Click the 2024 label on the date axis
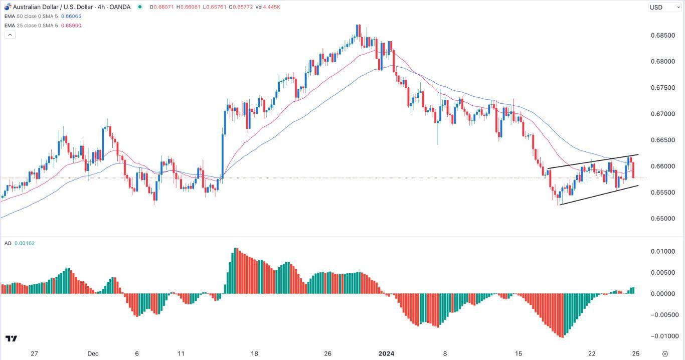386,353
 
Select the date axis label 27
34,353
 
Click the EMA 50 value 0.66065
71,17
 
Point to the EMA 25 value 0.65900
71,26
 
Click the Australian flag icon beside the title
7,7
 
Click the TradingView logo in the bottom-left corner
11,339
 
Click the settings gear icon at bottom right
665,353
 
